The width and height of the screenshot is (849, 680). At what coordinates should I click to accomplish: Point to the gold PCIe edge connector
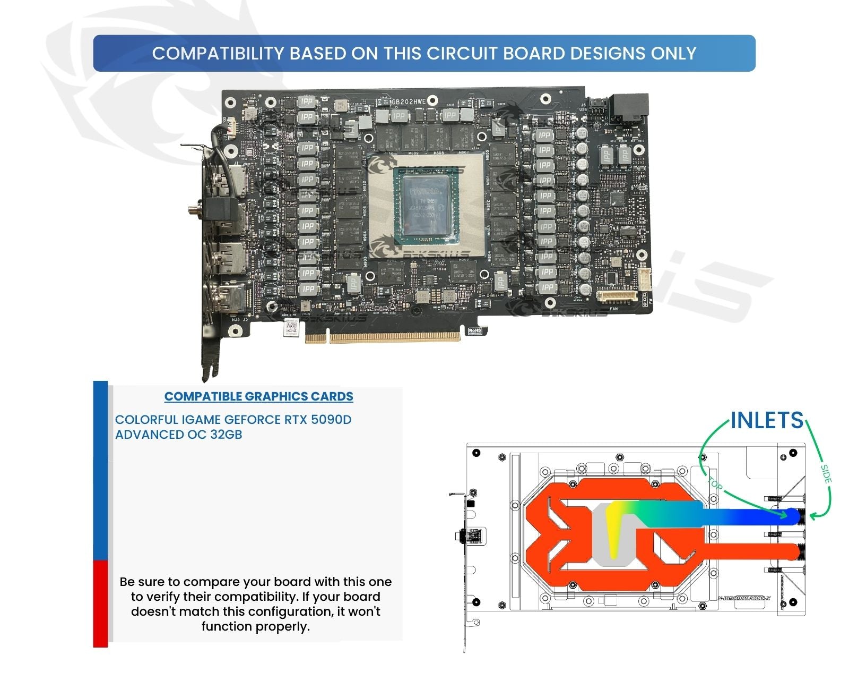coord(383,337)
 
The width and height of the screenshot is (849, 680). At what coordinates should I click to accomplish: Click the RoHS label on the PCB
coord(474,331)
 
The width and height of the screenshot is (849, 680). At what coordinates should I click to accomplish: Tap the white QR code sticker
coord(290,328)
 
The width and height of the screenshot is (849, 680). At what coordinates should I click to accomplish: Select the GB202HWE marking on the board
coord(408,101)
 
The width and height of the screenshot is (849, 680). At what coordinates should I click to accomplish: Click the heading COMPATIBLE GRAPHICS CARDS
coord(258,396)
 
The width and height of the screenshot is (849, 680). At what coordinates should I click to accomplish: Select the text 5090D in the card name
coord(331,420)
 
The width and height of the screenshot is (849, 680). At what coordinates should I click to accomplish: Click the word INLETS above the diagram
coord(767,420)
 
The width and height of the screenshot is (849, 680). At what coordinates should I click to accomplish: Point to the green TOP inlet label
coord(715,484)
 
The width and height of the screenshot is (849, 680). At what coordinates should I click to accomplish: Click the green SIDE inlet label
coord(826,474)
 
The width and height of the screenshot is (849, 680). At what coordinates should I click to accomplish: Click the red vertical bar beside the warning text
coord(100,603)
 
